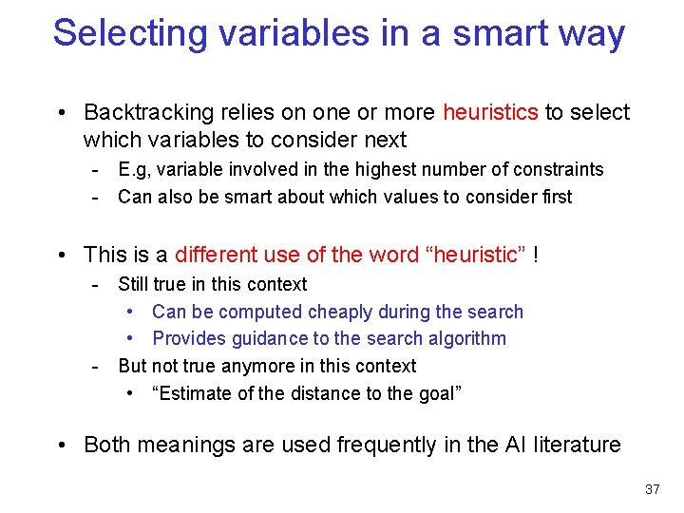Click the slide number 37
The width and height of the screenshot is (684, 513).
coord(652,489)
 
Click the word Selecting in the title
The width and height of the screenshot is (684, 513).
coord(132,33)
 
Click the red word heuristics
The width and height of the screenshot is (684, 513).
coord(490,113)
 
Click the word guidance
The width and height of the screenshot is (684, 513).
coord(275,338)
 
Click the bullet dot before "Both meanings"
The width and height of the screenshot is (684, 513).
coord(60,445)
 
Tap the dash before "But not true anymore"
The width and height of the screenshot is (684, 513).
coord(96,366)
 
